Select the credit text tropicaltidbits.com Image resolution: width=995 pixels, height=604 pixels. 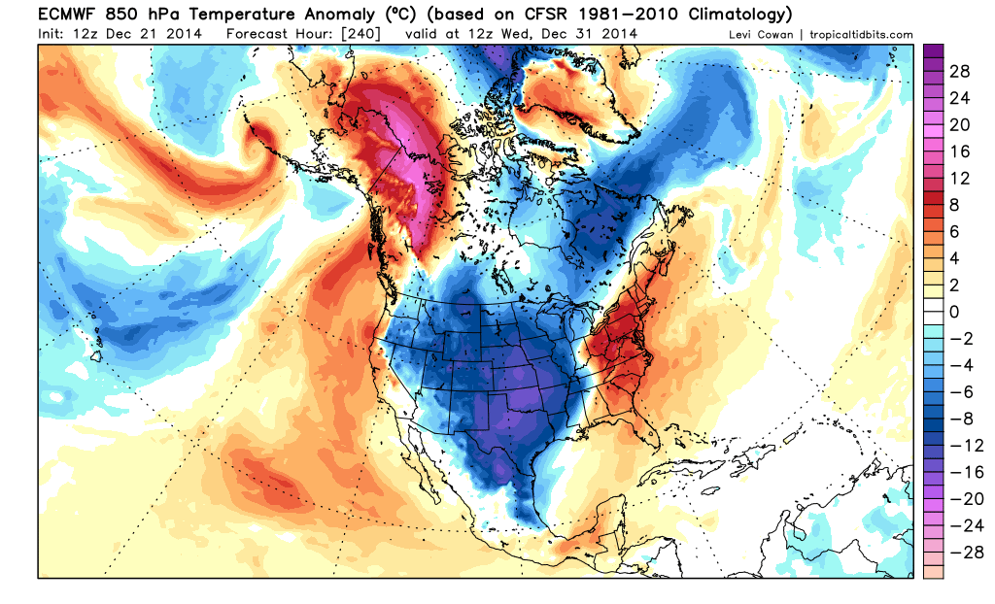pos(855,35)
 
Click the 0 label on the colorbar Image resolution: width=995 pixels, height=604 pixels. pos(954,311)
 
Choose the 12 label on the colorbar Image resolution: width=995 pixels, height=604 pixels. pos(959,179)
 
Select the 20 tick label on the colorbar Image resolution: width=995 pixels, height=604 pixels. pos(960,125)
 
